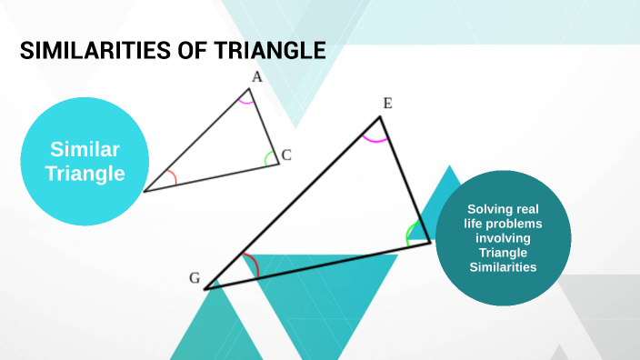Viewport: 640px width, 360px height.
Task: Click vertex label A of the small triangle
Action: point(257,77)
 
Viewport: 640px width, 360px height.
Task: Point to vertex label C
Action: point(285,155)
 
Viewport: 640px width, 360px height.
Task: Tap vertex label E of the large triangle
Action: point(387,103)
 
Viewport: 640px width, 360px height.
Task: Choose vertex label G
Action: point(195,278)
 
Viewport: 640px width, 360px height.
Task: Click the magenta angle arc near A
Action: point(245,101)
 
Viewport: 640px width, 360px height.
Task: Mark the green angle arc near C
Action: point(269,159)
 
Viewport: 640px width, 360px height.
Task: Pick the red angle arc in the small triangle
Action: point(171,177)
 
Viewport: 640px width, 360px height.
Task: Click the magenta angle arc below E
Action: point(375,140)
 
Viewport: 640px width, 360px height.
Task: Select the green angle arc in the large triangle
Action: point(410,233)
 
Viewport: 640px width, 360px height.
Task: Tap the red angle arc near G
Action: point(255,266)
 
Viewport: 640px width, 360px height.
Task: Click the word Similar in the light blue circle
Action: point(85,150)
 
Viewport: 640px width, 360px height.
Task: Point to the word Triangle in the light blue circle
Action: point(85,173)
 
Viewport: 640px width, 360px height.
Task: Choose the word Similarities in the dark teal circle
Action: point(503,267)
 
